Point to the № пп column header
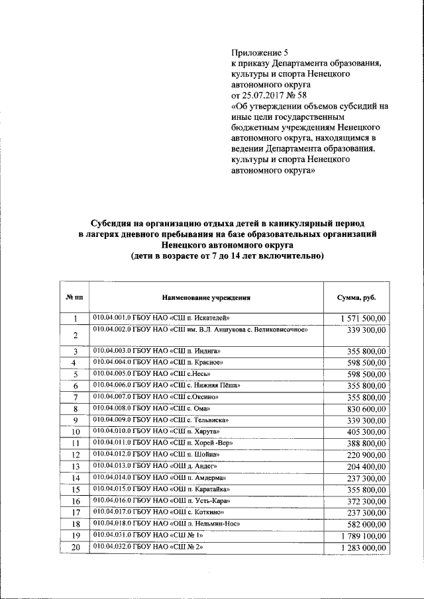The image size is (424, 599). [75, 298]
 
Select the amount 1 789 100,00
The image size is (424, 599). [363, 535]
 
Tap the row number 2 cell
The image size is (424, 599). [76, 336]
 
